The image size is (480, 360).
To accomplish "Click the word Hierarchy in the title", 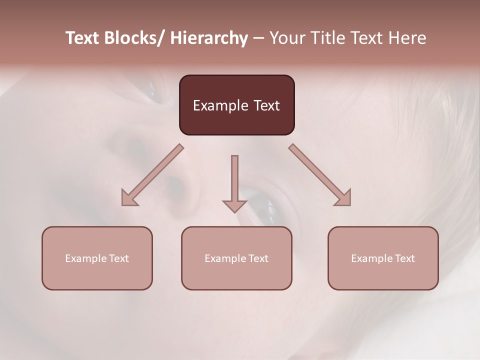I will pyautogui.click(x=208, y=38).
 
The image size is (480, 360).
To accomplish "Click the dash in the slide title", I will pyautogui.click(x=258, y=38).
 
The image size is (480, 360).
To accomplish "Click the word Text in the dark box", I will pyautogui.click(x=266, y=105).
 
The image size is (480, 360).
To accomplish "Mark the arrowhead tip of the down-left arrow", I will pyautogui.click(x=123, y=204).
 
